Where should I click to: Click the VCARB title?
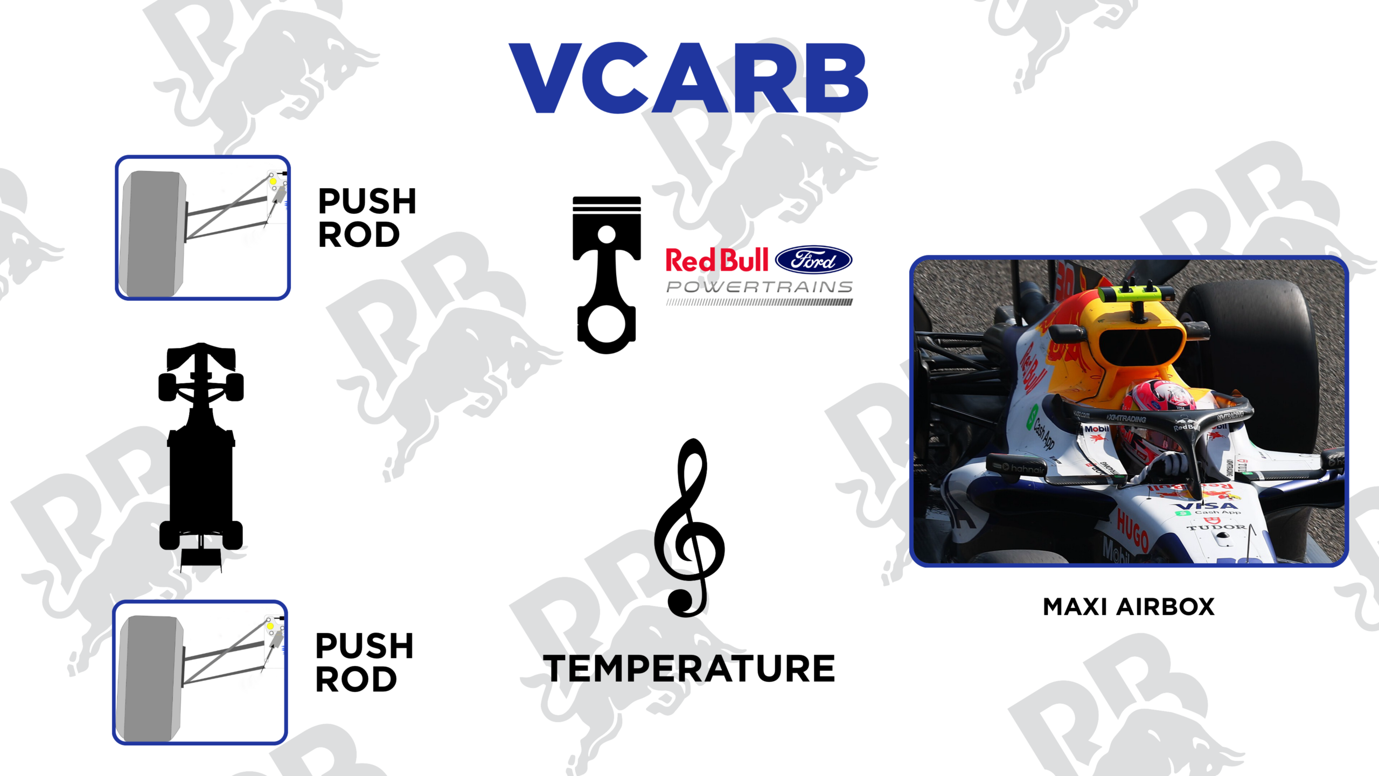click(x=688, y=78)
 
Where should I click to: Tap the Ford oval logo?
click(x=813, y=260)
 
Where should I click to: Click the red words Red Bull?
click(x=717, y=260)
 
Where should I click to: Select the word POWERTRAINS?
click(x=760, y=287)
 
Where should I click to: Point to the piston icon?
click(x=607, y=275)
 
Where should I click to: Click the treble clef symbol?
click(x=689, y=528)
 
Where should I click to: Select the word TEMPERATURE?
click(x=689, y=668)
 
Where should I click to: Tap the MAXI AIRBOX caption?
click(x=1129, y=607)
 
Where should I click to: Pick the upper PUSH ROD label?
click(x=367, y=218)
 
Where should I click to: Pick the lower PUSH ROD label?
click(x=365, y=662)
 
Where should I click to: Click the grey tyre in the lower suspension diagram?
click(x=151, y=678)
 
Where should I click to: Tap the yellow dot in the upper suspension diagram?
click(x=273, y=182)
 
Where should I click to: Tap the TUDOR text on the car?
click(x=1216, y=528)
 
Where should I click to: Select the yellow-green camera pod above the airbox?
click(x=1137, y=294)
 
